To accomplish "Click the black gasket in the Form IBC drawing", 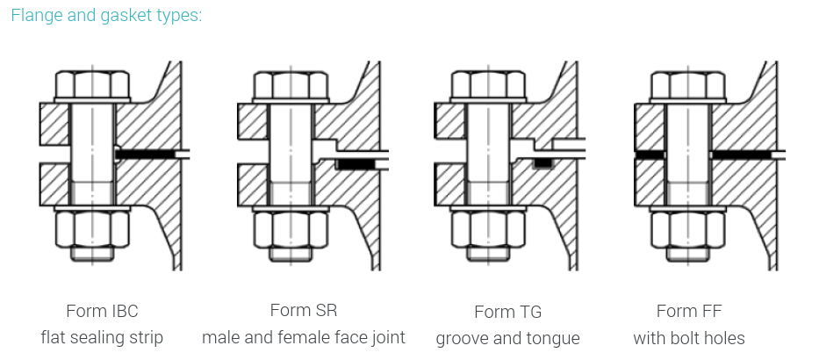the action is click(x=145, y=155).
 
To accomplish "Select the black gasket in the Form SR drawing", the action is click(x=356, y=164).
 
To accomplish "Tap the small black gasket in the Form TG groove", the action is click(x=542, y=163).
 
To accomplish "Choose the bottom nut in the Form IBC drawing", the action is click(x=92, y=229).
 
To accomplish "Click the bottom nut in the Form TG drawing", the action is click(x=488, y=229).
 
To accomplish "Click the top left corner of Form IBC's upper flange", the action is click(x=40, y=104).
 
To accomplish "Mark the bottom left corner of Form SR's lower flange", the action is click(x=238, y=205).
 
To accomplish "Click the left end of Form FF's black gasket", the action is click(x=636, y=155).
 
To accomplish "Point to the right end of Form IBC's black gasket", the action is click(x=176, y=155).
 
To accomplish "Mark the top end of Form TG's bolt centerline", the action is click(x=488, y=65).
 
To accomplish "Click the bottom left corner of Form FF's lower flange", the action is click(x=636, y=205).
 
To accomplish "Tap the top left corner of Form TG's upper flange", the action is click(x=435, y=104).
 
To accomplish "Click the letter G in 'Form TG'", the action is click(x=535, y=312).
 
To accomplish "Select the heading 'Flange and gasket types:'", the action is click(x=106, y=15).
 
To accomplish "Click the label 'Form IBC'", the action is click(x=102, y=312).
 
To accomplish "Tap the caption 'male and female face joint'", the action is click(x=304, y=337).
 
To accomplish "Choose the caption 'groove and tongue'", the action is click(x=507, y=339).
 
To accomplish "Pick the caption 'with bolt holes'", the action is click(x=689, y=338).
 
